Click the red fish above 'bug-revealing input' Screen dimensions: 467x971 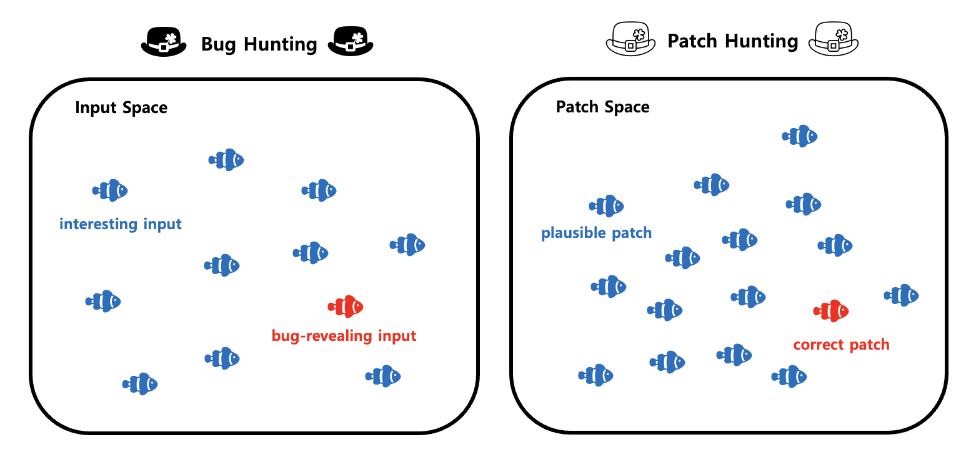346,307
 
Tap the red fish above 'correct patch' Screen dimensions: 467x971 831,310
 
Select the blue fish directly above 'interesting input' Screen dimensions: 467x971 110,190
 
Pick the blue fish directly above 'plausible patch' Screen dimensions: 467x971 607,206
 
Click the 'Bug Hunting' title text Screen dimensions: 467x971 259,44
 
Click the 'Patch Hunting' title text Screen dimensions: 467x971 732,41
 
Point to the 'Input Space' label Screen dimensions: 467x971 121,107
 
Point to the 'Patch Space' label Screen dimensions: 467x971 602,107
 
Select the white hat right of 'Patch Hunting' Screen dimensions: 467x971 834,41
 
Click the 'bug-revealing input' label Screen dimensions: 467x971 344,336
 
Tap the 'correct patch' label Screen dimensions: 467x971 841,345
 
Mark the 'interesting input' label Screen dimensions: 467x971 121,224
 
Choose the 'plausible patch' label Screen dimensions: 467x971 596,234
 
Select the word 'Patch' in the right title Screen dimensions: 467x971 692,41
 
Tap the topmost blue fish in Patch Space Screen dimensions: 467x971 800,136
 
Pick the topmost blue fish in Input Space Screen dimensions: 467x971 226,160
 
